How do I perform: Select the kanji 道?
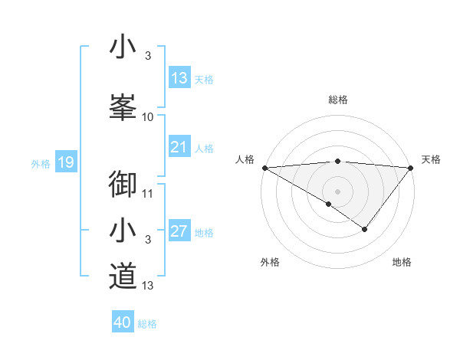click(123, 276)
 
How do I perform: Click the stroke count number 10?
click(148, 117)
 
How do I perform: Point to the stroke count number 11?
click(148, 193)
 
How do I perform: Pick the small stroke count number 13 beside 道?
click(148, 286)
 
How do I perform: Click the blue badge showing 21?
click(179, 147)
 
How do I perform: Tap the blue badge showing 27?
click(179, 232)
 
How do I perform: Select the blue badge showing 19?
click(65, 162)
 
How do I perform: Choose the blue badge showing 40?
click(123, 322)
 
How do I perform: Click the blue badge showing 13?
click(179, 78)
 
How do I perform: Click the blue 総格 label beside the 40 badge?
click(148, 324)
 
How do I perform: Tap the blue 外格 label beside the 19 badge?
click(41, 163)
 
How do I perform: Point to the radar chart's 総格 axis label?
click(337, 100)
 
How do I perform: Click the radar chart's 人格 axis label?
click(245, 159)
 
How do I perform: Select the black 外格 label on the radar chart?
click(270, 263)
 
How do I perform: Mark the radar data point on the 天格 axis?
click(411, 167)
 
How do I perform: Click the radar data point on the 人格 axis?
click(264, 167)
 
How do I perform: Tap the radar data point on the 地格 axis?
click(365, 229)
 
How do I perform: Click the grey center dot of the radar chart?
click(337, 191)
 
